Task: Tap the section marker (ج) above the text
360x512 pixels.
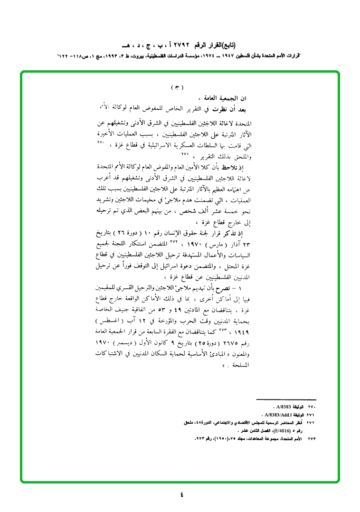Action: (x=176, y=87)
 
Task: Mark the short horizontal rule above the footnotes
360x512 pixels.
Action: (x=286, y=400)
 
